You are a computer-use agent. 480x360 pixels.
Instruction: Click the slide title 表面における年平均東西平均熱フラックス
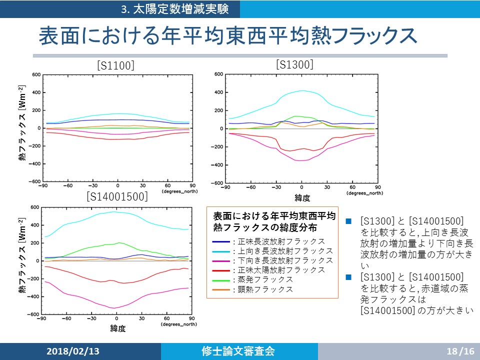[227, 36]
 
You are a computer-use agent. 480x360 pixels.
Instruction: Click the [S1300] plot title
[294, 64]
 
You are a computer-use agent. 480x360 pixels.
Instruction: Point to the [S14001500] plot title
[117, 196]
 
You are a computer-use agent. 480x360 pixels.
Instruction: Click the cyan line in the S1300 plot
[301, 90]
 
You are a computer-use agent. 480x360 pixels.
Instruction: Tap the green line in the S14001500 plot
[117, 243]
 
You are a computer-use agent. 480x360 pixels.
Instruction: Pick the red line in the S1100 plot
[117, 139]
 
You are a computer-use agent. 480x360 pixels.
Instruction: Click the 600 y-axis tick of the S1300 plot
[218, 74]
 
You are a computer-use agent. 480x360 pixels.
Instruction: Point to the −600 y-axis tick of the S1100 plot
[34, 181]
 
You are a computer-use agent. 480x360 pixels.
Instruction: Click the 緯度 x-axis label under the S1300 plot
[301, 198]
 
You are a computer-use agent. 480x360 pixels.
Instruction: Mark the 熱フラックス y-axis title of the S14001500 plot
[22, 260]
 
